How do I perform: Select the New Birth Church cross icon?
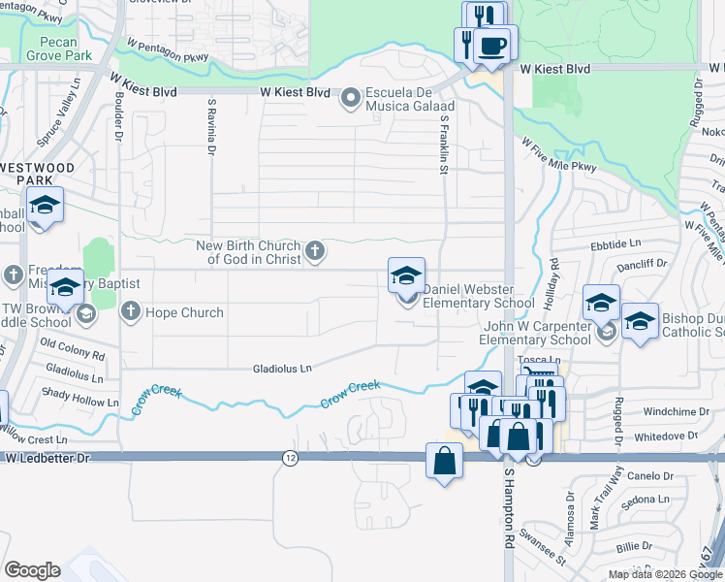pyautogui.click(x=314, y=252)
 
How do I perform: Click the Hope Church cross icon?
pyautogui.click(x=131, y=312)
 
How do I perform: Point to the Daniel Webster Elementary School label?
pyautogui.click(x=480, y=304)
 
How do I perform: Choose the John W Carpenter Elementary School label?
pyautogui.click(x=537, y=333)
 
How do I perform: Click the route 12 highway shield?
pyautogui.click(x=289, y=457)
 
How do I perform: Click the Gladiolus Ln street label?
pyautogui.click(x=282, y=369)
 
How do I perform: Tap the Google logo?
pyautogui.click(x=33, y=570)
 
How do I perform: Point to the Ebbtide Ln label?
pyautogui.click(x=615, y=245)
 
